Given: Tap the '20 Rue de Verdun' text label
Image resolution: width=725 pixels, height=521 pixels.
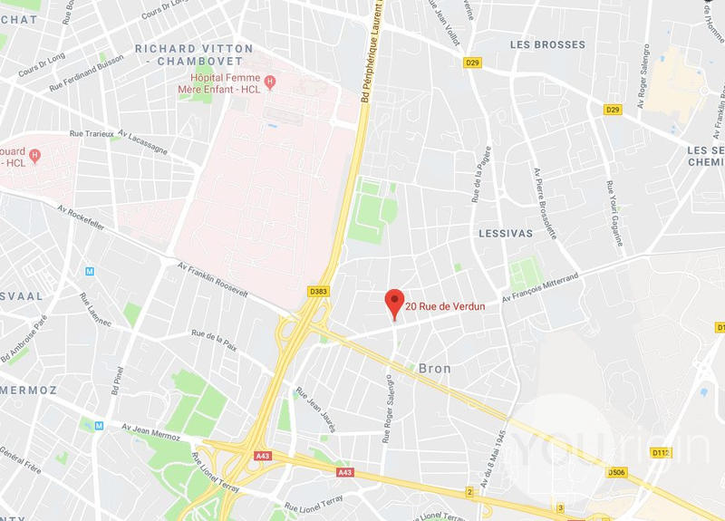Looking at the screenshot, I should click(x=445, y=306).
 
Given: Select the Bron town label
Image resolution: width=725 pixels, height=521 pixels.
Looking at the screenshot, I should click(x=435, y=369).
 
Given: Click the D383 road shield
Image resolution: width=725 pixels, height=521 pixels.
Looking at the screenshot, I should click(x=318, y=291).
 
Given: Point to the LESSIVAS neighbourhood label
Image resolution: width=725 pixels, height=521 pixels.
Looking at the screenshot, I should click(x=504, y=233).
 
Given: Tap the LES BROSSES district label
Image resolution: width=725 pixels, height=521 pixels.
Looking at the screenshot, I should click(x=547, y=44).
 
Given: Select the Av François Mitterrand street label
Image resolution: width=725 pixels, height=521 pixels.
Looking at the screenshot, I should click(x=540, y=285).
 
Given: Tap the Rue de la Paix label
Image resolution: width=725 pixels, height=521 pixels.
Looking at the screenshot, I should click(x=214, y=339).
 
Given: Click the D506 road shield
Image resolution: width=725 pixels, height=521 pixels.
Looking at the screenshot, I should click(x=617, y=472).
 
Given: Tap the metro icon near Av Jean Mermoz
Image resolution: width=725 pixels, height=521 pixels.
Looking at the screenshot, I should click(x=99, y=426).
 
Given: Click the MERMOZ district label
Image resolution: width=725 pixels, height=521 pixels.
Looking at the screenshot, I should click(x=29, y=390).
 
